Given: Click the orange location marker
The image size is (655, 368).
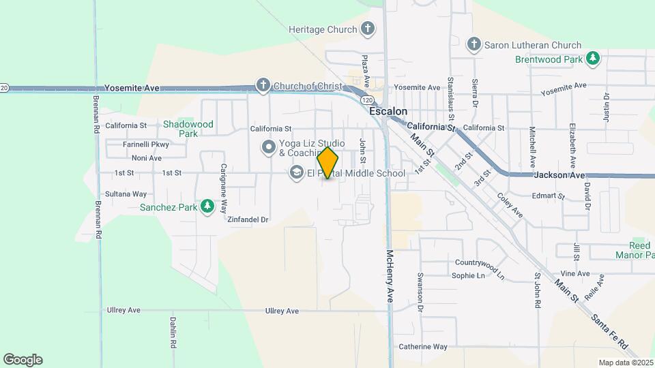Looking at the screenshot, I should pos(328,163).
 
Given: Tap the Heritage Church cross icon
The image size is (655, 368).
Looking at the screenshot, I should pos(368,29).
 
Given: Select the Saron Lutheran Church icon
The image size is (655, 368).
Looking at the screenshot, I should pos(474,45).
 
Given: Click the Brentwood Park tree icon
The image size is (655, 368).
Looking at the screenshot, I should pos(594,59).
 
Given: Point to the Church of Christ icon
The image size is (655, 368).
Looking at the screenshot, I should pos(263,86).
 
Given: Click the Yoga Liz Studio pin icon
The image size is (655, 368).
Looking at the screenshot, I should pos(269,147).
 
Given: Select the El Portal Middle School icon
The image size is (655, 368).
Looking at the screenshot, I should pos(297,173).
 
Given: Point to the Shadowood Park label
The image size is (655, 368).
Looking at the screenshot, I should pos(188,129).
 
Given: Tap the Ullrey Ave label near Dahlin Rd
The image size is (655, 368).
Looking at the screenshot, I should pos(123,310).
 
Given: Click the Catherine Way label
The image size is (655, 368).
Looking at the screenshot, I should pos(423,347).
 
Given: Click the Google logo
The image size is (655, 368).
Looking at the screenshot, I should pos(23,360).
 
